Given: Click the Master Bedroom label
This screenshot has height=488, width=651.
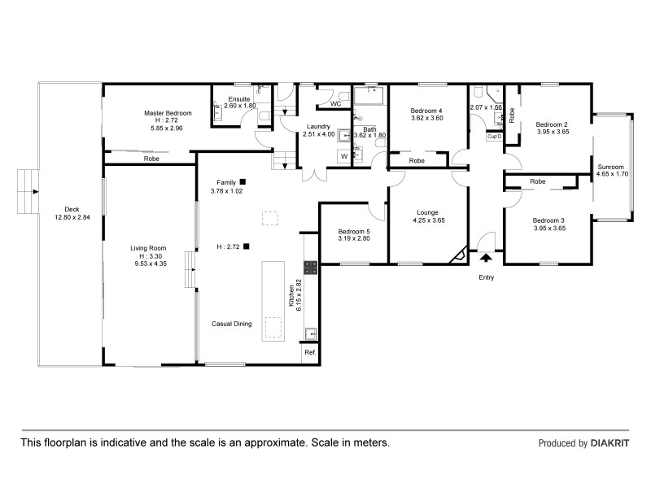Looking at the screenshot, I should point(168,112).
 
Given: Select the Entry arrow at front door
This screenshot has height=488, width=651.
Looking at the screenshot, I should point(486,258).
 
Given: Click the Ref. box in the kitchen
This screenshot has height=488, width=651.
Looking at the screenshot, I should point(310,352).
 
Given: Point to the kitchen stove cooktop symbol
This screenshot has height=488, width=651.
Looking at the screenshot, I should point(309,266).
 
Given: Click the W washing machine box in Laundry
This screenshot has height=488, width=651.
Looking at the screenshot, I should point(344,155).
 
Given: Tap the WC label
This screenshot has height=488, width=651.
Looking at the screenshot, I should point(336,104).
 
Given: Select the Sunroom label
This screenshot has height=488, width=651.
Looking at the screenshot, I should point(612,166).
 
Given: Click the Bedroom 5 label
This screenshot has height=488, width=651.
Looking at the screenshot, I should point(353,232).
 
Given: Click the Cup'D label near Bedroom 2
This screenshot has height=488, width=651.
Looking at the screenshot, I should point(493,137).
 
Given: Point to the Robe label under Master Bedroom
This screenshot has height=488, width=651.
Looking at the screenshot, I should point(151,159).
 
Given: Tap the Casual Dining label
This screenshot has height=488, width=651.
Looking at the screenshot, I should point(232,324).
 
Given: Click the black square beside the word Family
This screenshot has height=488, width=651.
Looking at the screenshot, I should point(242,181).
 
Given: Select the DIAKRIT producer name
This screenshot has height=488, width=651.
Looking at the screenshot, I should point(609,444).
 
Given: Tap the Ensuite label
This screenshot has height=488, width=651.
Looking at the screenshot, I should point(239,98).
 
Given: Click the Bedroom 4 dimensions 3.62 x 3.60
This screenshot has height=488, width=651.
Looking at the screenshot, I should point(426,118).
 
